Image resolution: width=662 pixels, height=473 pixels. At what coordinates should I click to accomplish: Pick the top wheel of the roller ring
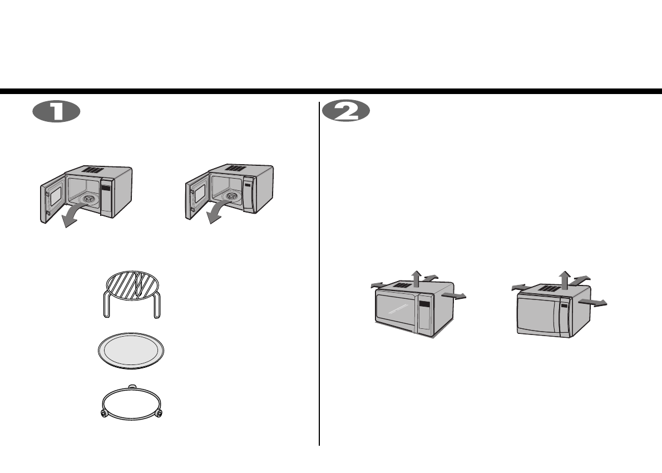(x=131, y=385)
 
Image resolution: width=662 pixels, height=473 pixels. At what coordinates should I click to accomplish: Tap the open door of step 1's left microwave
(x=53, y=198)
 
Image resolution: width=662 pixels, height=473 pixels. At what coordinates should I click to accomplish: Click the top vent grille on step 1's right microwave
(x=235, y=167)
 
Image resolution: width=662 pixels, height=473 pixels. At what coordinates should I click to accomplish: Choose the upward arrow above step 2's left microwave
(x=416, y=276)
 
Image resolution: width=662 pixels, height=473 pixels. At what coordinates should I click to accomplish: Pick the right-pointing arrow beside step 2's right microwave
(x=593, y=302)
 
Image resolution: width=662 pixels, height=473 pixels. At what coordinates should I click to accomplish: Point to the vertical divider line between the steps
(x=319, y=273)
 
